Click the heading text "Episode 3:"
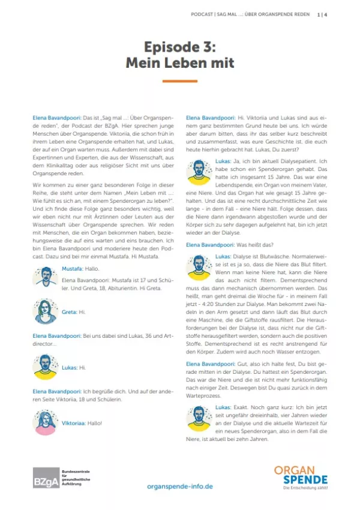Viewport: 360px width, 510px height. pos(179,47)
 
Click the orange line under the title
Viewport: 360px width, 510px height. pos(179,80)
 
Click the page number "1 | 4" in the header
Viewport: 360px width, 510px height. pos(322,15)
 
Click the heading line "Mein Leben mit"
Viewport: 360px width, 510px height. pos(179,62)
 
